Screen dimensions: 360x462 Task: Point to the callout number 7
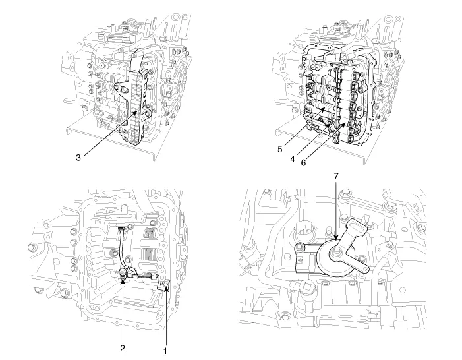pyautogui.click(x=335, y=177)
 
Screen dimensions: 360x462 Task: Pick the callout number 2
pyautogui.click(x=123, y=346)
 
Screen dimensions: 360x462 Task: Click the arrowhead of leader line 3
pyautogui.click(x=138, y=112)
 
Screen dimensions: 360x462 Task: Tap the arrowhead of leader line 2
pyautogui.click(x=123, y=278)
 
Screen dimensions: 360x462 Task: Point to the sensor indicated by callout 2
pyautogui.click(x=123, y=274)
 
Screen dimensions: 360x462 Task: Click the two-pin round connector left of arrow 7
pyautogui.click(x=303, y=231)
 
